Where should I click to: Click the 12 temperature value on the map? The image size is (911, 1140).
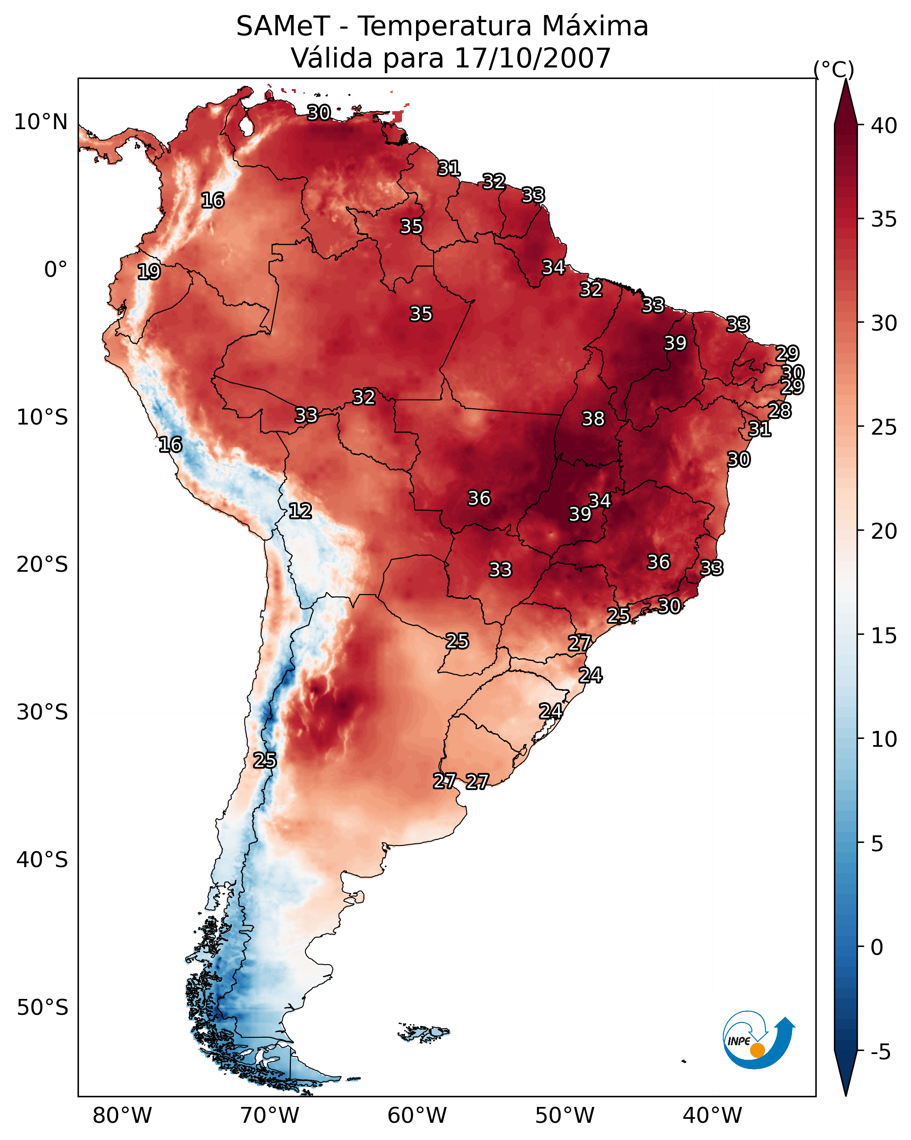click(x=300, y=511)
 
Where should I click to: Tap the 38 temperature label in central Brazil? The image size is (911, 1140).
click(x=593, y=419)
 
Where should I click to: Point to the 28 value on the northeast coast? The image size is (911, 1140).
click(x=779, y=410)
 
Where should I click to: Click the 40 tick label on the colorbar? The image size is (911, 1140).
click(x=884, y=126)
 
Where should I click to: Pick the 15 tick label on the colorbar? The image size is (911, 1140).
click(x=884, y=636)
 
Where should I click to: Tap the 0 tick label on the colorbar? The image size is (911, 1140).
click(x=877, y=947)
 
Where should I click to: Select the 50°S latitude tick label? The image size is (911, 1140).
click(x=42, y=1008)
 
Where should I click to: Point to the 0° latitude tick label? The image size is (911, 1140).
click(x=56, y=270)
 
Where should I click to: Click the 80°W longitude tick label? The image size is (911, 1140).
click(x=122, y=1116)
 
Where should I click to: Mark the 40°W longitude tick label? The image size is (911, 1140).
click(x=712, y=1116)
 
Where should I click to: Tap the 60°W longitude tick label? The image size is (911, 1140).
click(x=417, y=1116)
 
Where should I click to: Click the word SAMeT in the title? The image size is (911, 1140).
click(x=283, y=26)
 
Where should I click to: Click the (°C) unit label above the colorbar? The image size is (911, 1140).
click(x=833, y=69)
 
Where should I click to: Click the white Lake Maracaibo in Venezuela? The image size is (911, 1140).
click(x=246, y=125)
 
